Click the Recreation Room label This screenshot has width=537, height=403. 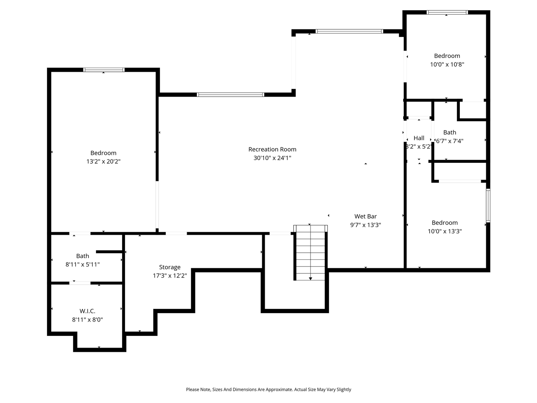tap(272, 149)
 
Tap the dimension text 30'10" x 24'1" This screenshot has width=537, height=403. tap(272, 158)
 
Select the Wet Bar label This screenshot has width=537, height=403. tap(365, 217)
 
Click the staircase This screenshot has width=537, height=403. tap(310, 253)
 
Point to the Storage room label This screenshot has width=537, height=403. tap(169, 267)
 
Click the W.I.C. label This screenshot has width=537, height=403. tap(87, 311)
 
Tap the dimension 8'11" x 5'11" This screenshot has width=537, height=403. tap(83, 264)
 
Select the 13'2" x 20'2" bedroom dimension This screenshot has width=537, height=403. tap(103, 162)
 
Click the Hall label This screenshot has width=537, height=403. tap(419, 138)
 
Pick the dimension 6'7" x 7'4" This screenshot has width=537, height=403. tap(450, 141)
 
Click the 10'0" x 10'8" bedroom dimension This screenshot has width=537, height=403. tap(447, 65)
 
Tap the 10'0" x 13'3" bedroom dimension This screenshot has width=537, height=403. tap(445, 231)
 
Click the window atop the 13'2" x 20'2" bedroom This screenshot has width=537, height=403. tap(104, 70)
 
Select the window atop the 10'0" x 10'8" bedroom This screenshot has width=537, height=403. tap(447, 12)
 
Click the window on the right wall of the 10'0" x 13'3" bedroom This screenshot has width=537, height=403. tap(488, 205)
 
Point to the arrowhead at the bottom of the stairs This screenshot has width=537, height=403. tap(310, 278)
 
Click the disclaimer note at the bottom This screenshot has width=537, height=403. tap(268, 390)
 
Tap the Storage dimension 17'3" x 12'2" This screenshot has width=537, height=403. tap(169, 276)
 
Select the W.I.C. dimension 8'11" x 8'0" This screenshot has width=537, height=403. tap(87, 319)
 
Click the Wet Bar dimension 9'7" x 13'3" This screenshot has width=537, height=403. tap(365, 225)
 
